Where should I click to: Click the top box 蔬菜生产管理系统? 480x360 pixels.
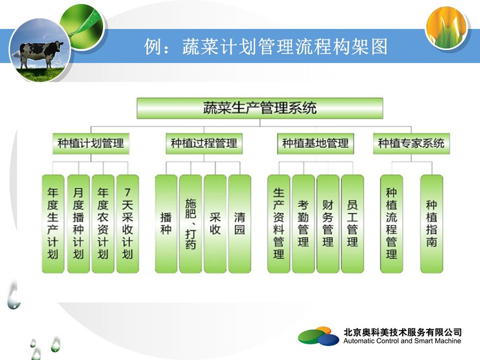tap(260, 108)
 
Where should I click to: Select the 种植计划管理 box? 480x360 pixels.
tap(91, 143)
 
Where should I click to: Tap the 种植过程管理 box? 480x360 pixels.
tap(204, 143)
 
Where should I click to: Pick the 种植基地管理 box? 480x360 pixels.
tap(315, 143)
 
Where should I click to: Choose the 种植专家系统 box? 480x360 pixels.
tap(411, 143)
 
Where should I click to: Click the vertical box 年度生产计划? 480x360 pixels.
tap(53, 224)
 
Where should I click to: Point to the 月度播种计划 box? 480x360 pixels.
tap(78, 224)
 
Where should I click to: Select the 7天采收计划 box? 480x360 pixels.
tap(127, 224)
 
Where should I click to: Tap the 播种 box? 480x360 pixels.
tap(166, 224)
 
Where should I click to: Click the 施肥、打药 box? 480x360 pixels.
tap(190, 224)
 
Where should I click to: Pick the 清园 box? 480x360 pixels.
tap(239, 224)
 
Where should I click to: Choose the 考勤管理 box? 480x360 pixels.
tap(303, 224)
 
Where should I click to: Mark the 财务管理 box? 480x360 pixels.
tap(328, 224)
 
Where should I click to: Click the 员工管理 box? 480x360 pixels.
tap(353, 224)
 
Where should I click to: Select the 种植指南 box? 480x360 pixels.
tap(431, 224)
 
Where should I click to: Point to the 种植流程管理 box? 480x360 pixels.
tap(391, 224)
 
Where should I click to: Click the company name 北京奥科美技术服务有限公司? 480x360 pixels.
tap(402, 332)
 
